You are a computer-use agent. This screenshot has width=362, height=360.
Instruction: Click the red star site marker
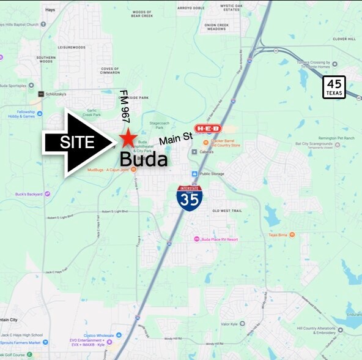click(x=128, y=138)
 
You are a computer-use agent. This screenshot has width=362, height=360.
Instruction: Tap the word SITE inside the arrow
click(x=77, y=143)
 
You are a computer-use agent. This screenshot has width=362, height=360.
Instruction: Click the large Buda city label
click(x=143, y=160)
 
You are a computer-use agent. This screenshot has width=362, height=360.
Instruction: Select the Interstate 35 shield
click(x=190, y=198)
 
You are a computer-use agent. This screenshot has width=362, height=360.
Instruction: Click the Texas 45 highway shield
click(x=334, y=87)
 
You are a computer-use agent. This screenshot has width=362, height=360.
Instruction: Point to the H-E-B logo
click(x=208, y=129)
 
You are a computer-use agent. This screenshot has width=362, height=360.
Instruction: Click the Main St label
click(x=176, y=138)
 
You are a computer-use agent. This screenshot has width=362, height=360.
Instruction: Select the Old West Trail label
click(x=226, y=211)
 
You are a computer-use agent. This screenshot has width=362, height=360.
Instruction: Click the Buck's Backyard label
click(x=29, y=194)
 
